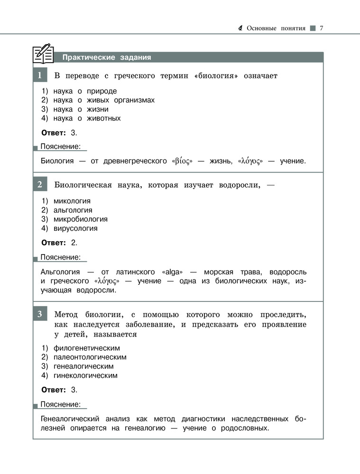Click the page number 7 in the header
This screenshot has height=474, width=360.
point(321,28)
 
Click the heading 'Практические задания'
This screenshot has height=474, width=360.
point(107,58)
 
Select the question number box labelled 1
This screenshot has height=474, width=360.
point(40,75)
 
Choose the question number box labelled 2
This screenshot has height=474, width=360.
point(40,185)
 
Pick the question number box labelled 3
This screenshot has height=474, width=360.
point(40,313)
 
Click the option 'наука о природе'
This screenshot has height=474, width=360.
point(85,91)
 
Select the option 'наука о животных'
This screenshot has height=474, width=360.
point(87,118)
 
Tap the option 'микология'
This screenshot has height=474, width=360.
point(72,201)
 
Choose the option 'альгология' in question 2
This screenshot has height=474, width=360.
point(73,210)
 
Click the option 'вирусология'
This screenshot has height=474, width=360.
point(75,228)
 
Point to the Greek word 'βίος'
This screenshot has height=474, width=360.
point(182,161)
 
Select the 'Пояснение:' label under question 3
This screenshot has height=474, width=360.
point(60,404)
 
